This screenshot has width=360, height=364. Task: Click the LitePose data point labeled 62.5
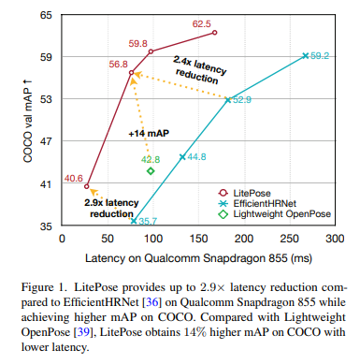tap(214, 33)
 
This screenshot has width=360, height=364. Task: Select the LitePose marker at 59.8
tap(151, 51)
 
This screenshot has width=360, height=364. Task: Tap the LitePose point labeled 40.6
tap(87, 186)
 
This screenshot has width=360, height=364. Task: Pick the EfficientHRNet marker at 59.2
tap(306, 56)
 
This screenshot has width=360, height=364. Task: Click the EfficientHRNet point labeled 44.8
tap(182, 157)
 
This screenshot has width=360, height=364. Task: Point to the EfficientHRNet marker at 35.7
tap(134, 221)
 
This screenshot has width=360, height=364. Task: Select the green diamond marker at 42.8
tap(151, 171)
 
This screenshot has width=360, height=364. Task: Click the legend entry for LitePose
tap(244, 193)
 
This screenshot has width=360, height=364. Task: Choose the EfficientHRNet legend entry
tap(257, 204)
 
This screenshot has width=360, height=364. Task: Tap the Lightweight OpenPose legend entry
tap(275, 214)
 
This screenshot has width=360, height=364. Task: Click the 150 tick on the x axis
tap(198, 239)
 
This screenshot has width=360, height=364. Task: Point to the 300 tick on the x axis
tap(335, 239)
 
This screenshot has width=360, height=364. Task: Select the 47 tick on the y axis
tap(46, 141)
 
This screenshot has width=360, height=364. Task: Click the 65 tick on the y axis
tap(46, 15)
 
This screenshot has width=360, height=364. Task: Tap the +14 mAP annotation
tap(149, 134)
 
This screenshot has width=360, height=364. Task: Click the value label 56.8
tap(119, 64)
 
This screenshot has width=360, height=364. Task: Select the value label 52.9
tap(242, 100)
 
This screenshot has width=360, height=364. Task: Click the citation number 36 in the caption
tap(152, 302)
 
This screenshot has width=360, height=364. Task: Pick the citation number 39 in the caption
tap(83, 332)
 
